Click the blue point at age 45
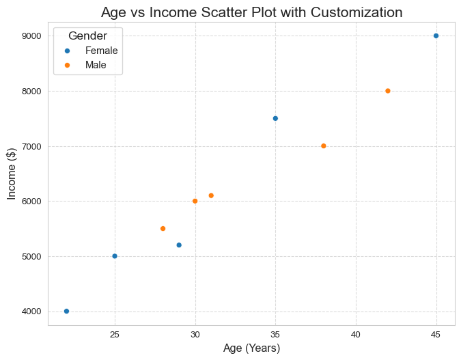(436, 36)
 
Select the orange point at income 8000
(388, 91)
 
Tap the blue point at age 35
(275, 119)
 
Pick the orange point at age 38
(324, 146)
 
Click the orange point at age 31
(211, 195)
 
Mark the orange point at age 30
(195, 201)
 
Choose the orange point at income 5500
(163, 229)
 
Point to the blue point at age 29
(179, 245)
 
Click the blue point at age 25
(115, 256)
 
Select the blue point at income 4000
(66, 311)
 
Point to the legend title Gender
(87, 36)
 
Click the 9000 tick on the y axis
(31, 36)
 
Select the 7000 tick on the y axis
(31, 146)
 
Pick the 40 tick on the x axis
(356, 335)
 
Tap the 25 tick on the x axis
(115, 335)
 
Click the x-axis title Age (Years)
(251, 348)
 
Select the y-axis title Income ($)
(12, 174)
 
